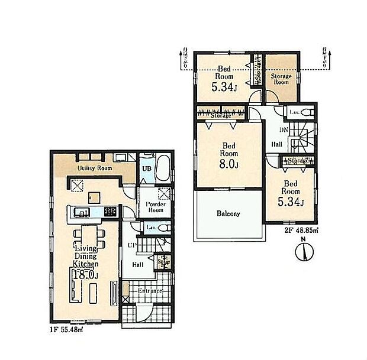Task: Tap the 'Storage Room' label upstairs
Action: tap(281, 79)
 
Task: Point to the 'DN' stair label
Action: tap(283, 129)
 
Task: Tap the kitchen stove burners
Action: tap(111, 211)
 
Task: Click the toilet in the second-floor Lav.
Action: tap(306, 112)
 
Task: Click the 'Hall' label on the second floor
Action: tap(276, 144)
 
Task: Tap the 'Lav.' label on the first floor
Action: tap(151, 227)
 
